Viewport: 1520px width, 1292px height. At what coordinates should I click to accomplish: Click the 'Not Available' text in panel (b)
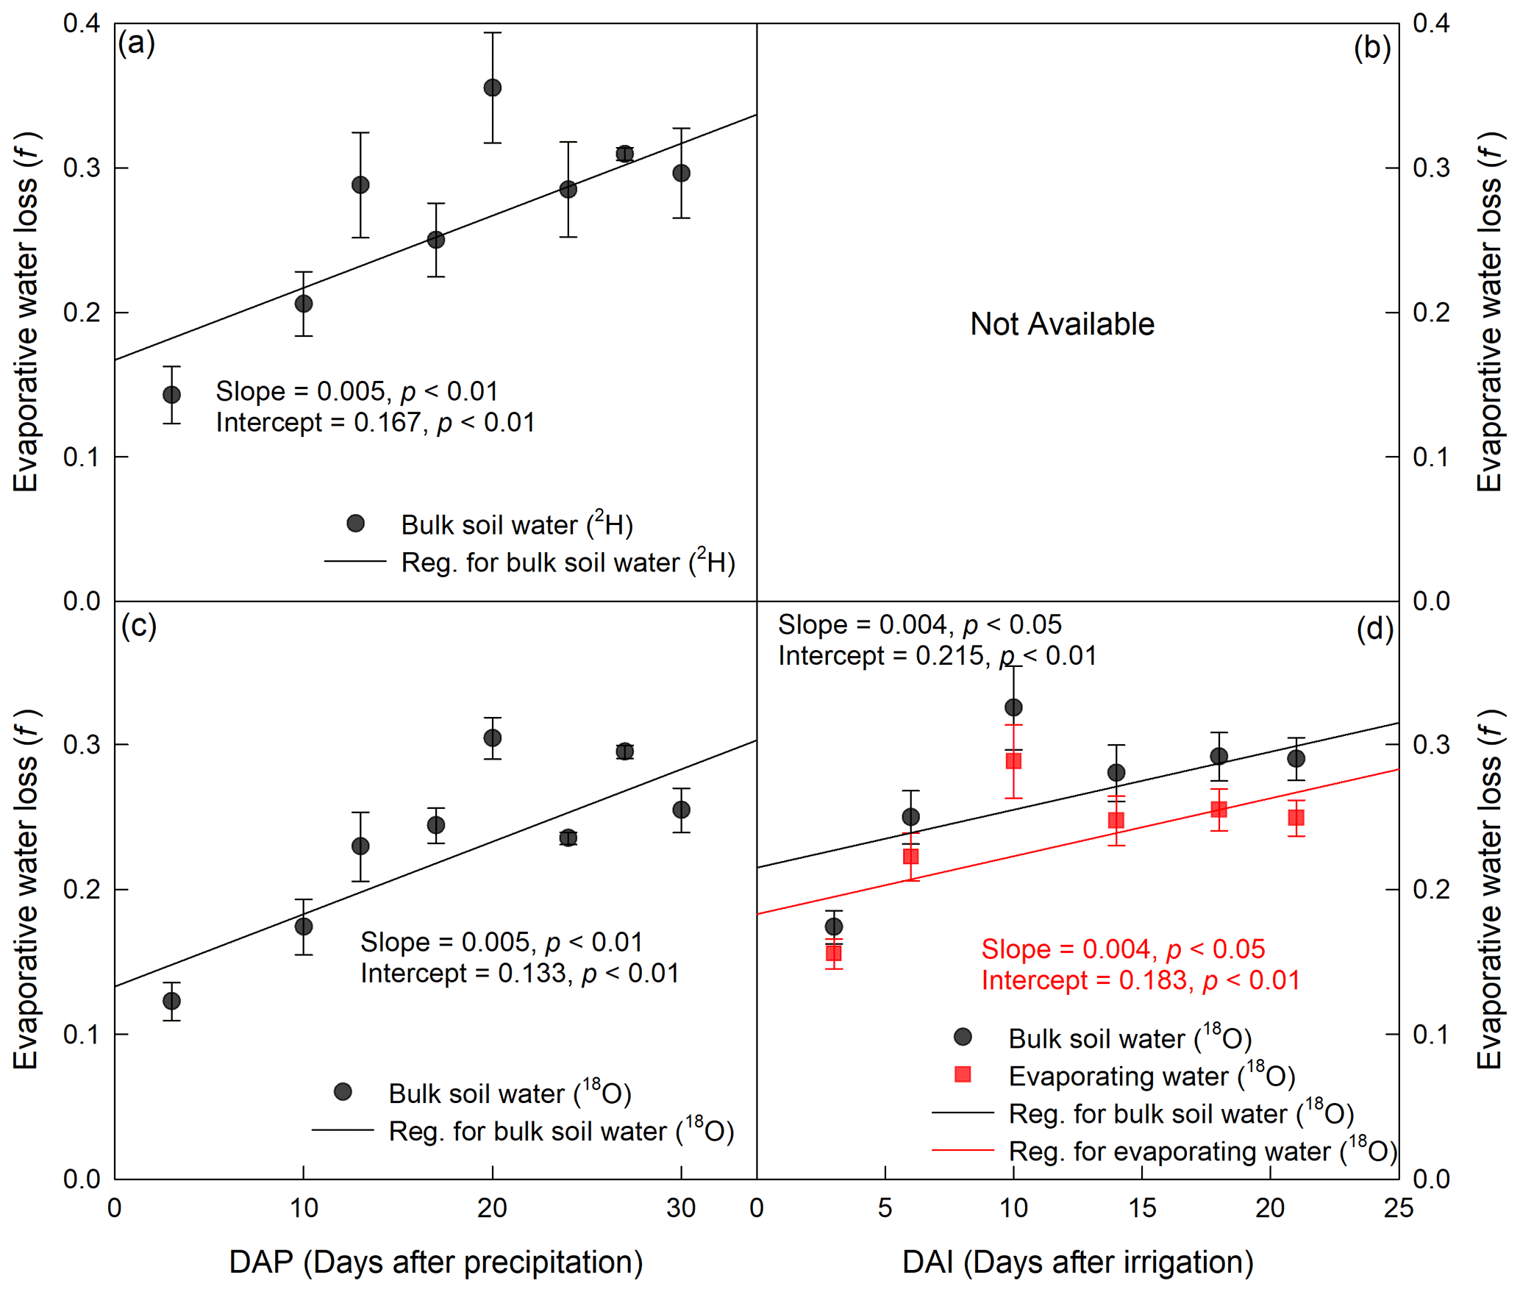[x=1062, y=324]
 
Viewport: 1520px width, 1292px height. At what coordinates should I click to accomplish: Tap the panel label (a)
[x=137, y=43]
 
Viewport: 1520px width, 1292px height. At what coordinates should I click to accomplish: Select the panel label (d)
[x=1374, y=629]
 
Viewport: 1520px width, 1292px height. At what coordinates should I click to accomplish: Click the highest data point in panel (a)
[x=493, y=88]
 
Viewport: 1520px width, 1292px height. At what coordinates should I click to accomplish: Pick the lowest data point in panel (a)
[x=171, y=395]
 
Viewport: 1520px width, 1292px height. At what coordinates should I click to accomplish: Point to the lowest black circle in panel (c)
[x=171, y=1001]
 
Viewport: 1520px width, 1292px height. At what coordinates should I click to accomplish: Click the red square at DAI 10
[x=1013, y=761]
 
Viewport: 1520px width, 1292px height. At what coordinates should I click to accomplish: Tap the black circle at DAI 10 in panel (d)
[x=1013, y=707]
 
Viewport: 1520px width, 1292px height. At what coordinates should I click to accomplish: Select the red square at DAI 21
[x=1296, y=818]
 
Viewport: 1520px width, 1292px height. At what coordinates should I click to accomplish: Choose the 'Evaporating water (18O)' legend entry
[x=1151, y=1077]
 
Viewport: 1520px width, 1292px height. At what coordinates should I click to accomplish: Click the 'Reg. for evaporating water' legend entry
[x=1202, y=1152]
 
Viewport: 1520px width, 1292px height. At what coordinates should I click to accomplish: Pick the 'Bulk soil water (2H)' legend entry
[x=516, y=525]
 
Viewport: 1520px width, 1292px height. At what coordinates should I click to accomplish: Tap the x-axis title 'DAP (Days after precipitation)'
[x=436, y=1262]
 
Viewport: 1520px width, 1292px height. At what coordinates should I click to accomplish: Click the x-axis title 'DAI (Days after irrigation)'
[x=1077, y=1262]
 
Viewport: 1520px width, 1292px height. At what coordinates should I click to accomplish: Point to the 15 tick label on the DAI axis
[x=1141, y=1208]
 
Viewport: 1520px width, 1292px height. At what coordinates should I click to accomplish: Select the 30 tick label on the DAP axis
[x=681, y=1208]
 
